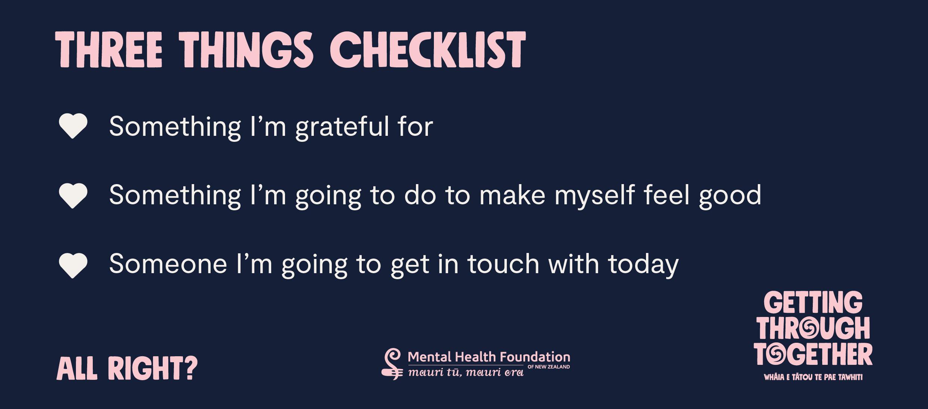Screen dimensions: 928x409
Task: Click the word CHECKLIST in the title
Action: point(428,50)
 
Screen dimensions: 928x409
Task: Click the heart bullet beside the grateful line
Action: point(73,126)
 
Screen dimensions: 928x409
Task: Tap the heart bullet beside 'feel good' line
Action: point(73,195)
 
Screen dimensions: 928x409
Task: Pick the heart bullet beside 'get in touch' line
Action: point(73,265)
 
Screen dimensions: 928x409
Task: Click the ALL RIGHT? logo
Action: point(127,368)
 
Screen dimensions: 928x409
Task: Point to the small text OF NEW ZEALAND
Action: point(549,367)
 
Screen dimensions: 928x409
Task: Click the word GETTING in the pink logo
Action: point(813,303)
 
